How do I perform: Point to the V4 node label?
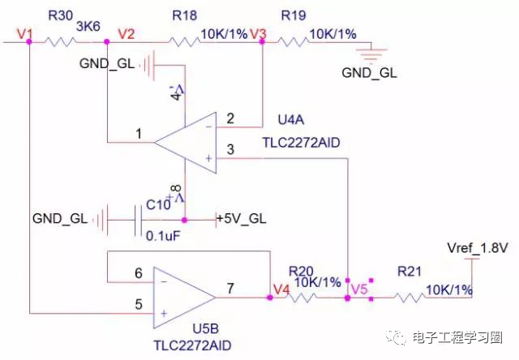click(281, 288)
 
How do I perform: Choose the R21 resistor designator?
click(409, 272)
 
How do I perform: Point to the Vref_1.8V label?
click(477, 247)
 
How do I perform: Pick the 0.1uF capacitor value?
click(162, 237)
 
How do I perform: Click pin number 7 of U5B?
click(231, 288)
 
